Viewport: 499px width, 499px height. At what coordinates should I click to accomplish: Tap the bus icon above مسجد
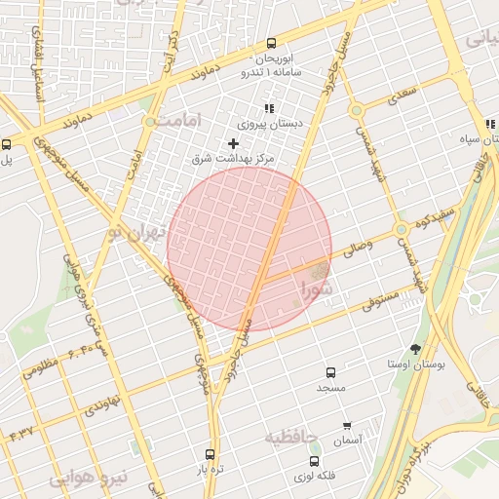[x=330, y=372]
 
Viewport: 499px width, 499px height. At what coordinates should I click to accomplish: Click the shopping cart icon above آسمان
[x=347, y=426]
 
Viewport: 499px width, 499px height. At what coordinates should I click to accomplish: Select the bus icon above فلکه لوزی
[x=314, y=461]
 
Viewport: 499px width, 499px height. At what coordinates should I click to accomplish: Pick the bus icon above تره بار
[x=210, y=454]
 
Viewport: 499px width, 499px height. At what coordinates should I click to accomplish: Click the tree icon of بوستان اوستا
[x=416, y=349]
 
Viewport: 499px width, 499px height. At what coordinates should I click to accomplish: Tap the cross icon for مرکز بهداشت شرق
[x=233, y=143]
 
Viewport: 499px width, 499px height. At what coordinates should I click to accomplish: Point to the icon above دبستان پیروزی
[x=269, y=108]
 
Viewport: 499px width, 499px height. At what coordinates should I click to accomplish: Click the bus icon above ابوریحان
[x=271, y=42]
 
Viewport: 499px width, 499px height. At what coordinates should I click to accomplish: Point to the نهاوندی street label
[x=100, y=401]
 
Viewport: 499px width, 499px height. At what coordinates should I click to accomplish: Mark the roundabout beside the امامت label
[x=149, y=122]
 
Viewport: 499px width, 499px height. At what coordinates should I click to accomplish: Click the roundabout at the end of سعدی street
[x=357, y=108]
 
